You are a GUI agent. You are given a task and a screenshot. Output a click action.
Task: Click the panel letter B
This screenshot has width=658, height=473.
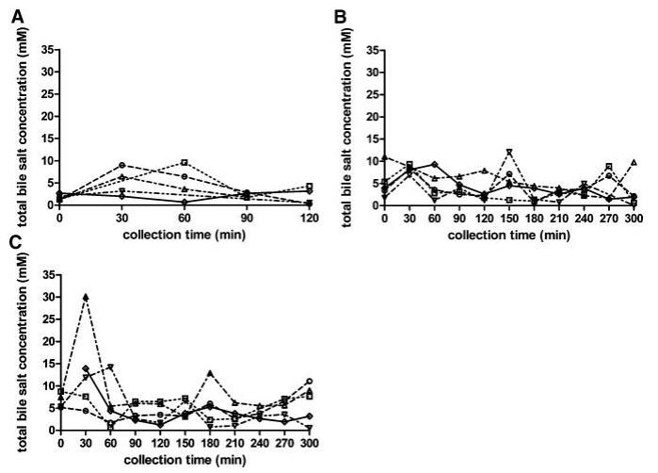point(341,16)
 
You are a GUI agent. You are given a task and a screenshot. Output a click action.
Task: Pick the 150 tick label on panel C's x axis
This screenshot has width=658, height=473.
point(185,441)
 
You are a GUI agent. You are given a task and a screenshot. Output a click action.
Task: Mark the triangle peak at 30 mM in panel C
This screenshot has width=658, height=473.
point(87,297)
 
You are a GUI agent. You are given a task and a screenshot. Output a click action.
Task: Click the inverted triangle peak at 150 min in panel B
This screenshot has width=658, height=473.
point(509,152)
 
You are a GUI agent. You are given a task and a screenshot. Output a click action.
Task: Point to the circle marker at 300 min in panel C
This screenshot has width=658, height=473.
point(310,382)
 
